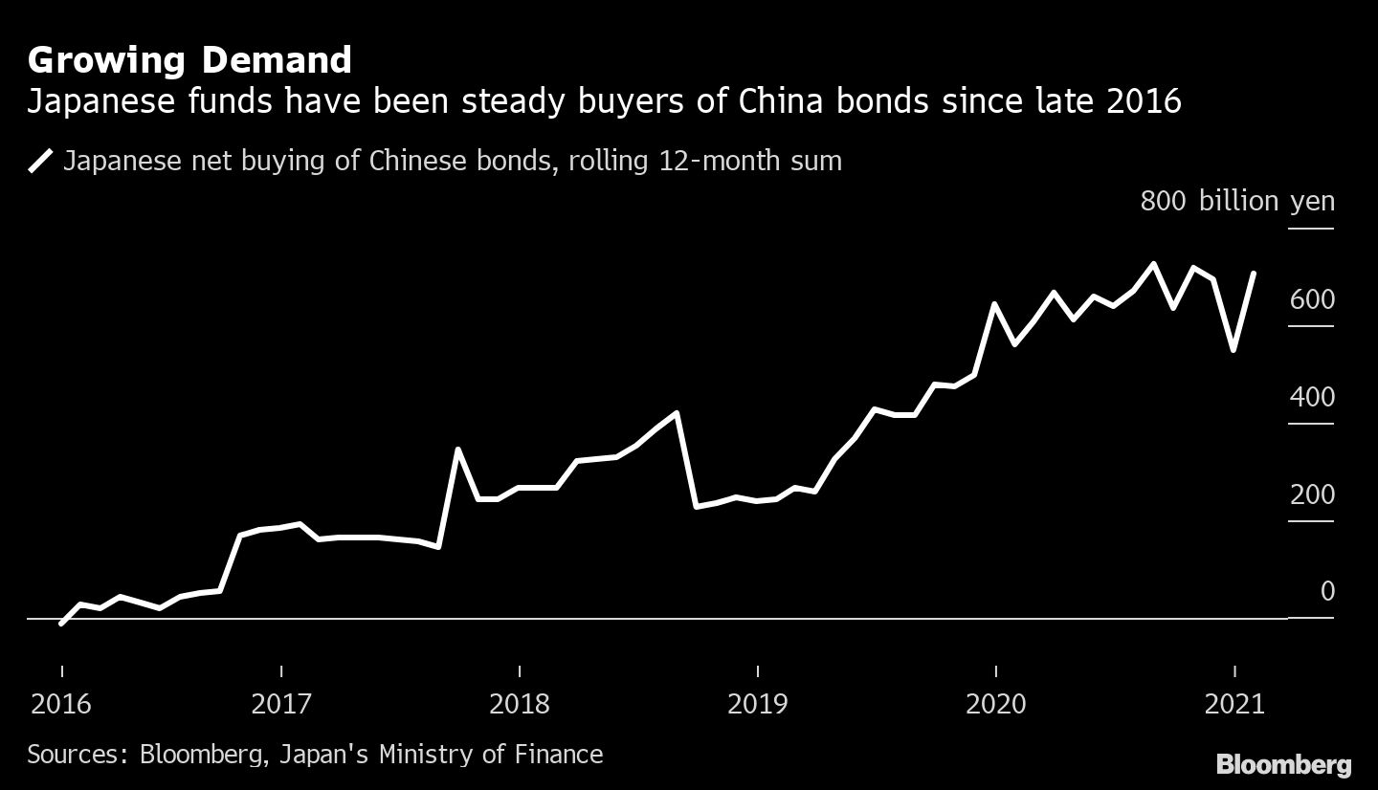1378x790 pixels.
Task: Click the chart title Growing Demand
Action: (189, 60)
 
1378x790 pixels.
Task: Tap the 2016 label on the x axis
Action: (61, 705)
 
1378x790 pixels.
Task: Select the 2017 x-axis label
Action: (281, 705)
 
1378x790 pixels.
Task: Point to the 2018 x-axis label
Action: (520, 705)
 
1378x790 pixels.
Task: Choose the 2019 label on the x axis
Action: (758, 705)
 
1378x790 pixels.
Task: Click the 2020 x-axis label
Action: (996, 705)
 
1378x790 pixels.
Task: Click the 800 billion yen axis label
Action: (1236, 202)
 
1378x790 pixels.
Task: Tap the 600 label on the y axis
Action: (1312, 300)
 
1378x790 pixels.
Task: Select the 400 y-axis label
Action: (1312, 398)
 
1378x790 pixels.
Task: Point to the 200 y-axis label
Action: (1312, 495)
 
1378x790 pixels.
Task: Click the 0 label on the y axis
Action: (1326, 592)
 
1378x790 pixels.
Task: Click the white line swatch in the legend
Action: (41, 161)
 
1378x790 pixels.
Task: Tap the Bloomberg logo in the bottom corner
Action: (1283, 764)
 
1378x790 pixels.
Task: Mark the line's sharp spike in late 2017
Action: (458, 449)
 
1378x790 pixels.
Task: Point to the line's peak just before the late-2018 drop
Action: (677, 413)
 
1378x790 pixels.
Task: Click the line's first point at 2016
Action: (61, 624)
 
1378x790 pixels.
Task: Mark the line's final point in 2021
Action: (1254, 274)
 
